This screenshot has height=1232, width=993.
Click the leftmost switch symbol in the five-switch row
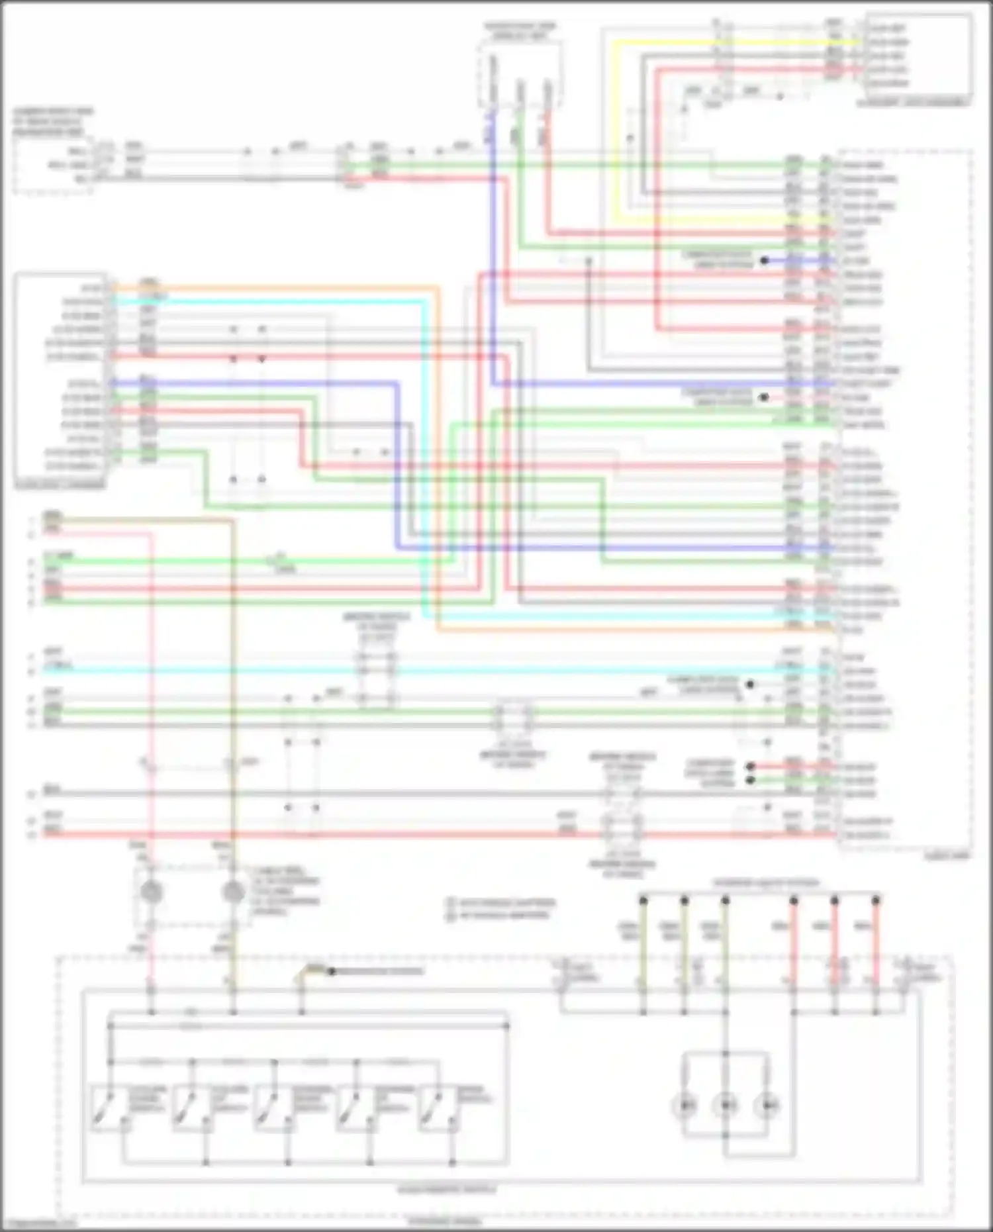107,1107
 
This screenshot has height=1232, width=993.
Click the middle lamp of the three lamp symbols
726,1105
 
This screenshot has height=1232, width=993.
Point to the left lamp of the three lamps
685,1105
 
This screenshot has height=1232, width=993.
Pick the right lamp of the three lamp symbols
767,1105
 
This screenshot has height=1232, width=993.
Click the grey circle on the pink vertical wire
151,892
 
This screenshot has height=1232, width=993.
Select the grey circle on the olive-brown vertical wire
232,892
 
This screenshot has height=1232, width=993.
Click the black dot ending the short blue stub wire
764,261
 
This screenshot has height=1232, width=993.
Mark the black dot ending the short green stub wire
750,781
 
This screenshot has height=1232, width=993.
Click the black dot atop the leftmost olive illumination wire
643,900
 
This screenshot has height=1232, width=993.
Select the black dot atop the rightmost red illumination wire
876,900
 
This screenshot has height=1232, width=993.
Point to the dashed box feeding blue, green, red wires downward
521,73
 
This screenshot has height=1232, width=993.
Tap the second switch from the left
189,1107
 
